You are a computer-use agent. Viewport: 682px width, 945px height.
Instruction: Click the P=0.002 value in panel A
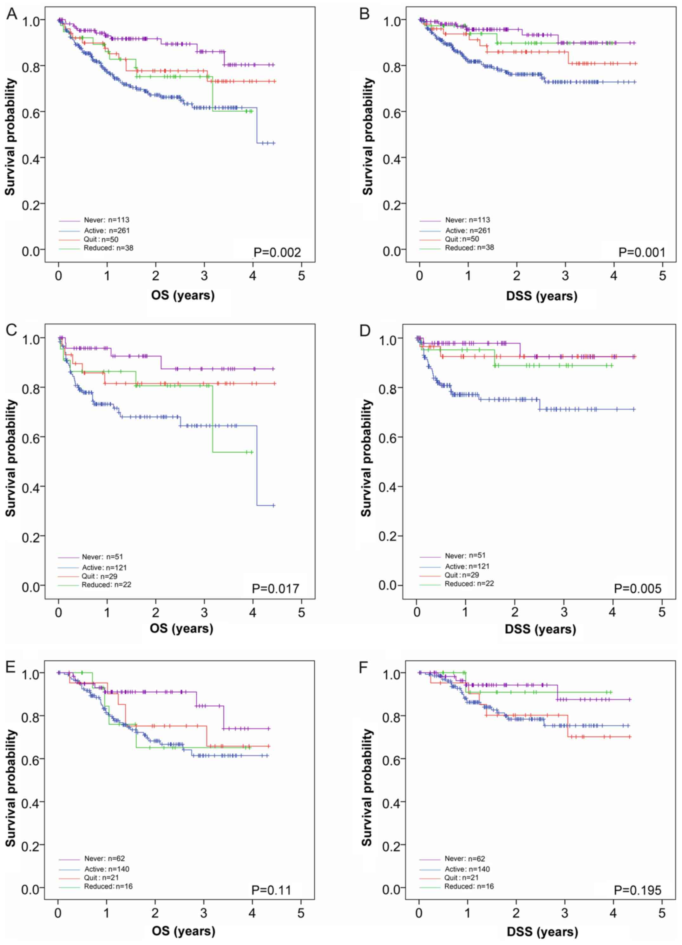pos(277,253)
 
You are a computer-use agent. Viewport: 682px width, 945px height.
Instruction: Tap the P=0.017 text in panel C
pos(276,588)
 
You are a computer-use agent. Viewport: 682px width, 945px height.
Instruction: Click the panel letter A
pos(12,15)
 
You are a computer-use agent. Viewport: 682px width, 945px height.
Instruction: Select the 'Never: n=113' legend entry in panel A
pos(106,220)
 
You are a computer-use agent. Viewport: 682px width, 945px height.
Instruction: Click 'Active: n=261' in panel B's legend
pos(468,230)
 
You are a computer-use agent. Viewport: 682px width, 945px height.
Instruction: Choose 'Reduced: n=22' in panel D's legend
pos(469,584)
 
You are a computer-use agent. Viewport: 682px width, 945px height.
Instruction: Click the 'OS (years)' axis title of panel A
pos(183,295)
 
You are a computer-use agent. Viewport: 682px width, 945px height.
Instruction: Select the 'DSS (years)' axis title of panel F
pos(542,932)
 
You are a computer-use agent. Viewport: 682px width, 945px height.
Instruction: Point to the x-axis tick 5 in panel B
pos(662,275)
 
